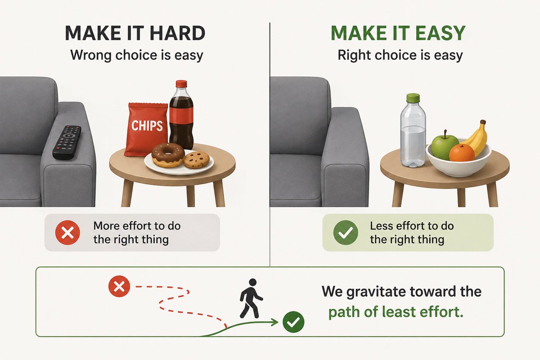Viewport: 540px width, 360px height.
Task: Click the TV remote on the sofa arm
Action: (67, 142)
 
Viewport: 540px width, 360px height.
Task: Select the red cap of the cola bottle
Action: (181, 84)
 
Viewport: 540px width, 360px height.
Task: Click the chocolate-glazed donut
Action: (167, 155)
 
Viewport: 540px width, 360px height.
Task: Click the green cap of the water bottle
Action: (413, 98)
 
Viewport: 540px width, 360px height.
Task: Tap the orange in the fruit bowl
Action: (462, 153)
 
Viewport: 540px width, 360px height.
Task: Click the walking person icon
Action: (250, 297)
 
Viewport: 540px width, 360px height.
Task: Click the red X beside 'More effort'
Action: (67, 232)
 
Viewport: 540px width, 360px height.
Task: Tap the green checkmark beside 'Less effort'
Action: (345, 233)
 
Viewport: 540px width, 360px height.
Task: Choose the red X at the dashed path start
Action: (119, 287)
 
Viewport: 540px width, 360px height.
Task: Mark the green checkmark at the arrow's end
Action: (293, 321)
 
